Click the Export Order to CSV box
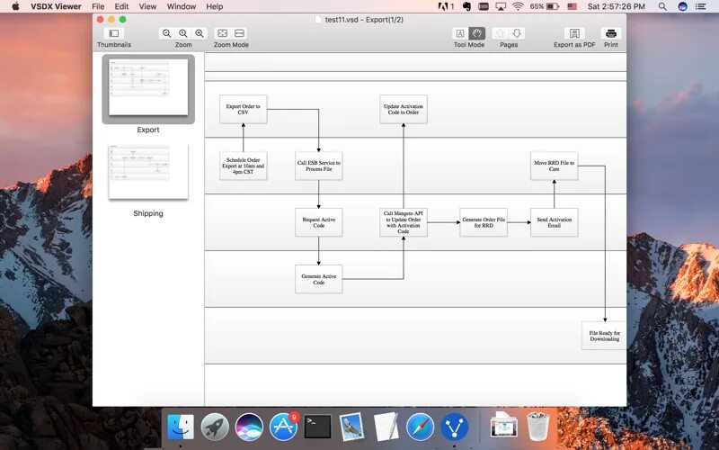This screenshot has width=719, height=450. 243,110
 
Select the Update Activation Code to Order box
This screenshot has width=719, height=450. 404,110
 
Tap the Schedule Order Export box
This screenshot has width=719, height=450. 243,166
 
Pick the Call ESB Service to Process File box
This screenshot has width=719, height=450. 318,166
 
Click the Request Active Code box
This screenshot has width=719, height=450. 318,222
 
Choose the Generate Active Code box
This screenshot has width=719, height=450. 318,279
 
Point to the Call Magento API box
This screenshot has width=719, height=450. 404,222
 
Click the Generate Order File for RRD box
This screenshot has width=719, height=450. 484,222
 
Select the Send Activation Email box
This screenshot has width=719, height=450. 554,222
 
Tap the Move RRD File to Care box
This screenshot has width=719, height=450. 554,166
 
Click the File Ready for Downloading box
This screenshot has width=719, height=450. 604,336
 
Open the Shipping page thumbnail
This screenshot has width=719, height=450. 148,172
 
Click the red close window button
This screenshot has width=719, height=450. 99,19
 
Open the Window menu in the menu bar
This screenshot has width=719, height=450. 181,6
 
